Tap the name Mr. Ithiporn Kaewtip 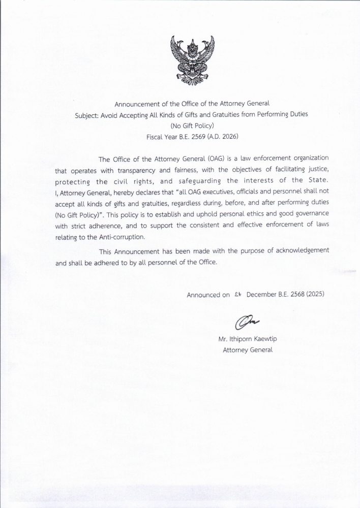[248, 340]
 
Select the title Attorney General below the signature [248, 350]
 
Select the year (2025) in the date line [314, 294]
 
